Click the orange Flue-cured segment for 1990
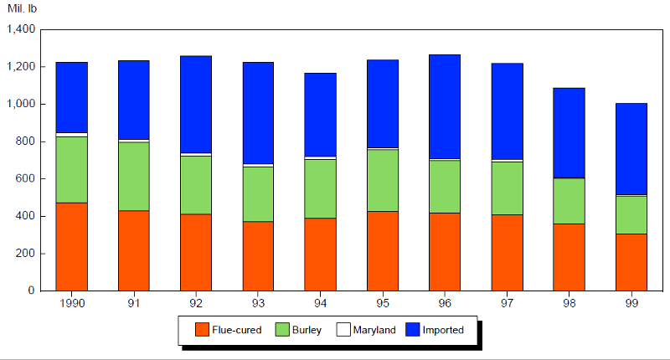point(72,246)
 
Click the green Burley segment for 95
point(383,180)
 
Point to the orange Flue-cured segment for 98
point(569,257)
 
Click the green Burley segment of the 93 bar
point(259,193)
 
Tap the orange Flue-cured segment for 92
point(196,252)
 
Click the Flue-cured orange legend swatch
point(201,330)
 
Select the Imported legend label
point(443,330)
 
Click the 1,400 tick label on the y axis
point(19,29)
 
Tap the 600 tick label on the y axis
point(24,178)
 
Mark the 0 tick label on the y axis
point(31,291)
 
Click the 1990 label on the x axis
point(72,302)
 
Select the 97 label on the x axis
point(507,302)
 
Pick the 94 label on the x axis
point(321,302)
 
